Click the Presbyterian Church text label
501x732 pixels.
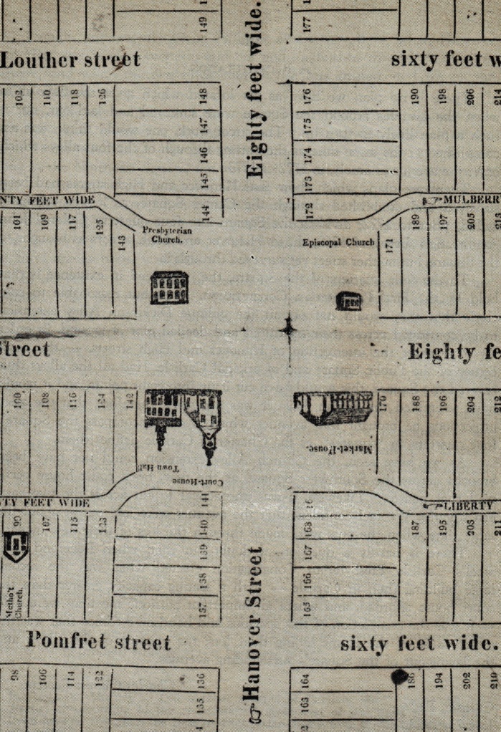[166, 235]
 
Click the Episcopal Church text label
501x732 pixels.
[338, 242]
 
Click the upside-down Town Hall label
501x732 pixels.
[153, 467]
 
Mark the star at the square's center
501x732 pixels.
[288, 327]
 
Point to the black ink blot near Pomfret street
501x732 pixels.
[399, 676]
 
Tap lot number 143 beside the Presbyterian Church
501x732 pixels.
[122, 244]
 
